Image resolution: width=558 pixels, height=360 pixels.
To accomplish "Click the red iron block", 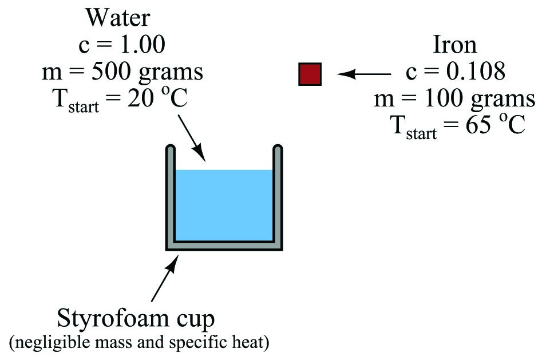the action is (310, 74).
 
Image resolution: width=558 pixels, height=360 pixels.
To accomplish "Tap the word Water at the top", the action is (117, 17).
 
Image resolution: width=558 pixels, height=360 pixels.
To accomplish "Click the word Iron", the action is (454, 45).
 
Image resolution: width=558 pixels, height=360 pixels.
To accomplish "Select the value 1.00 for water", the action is (143, 45).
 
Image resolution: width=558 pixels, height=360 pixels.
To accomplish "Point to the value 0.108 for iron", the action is (476, 71).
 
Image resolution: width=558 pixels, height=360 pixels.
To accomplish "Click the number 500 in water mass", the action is (112, 72).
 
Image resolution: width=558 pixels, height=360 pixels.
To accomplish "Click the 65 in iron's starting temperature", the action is (478, 125).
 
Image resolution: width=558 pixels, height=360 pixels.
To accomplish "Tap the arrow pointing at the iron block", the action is (363, 74).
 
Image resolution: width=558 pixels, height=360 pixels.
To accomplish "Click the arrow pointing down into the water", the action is (192, 138).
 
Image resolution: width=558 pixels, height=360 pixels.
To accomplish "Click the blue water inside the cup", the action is (224, 205).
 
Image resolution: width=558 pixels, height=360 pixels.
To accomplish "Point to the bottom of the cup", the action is (224, 246).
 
